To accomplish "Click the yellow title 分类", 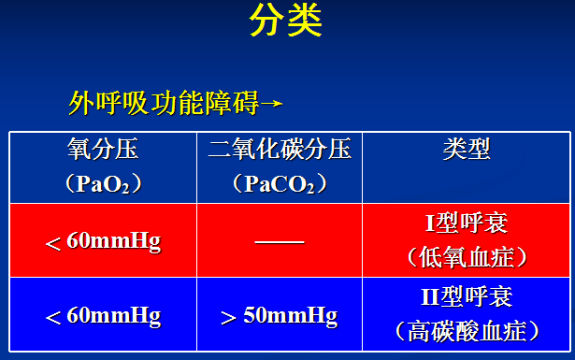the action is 286,21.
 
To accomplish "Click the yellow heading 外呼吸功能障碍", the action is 164,103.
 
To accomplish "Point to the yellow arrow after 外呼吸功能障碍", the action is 271,104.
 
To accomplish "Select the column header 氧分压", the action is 103,150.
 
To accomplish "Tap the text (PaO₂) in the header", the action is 103,183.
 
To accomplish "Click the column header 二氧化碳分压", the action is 280,150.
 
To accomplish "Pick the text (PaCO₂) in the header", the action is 280,183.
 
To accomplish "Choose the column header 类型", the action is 467,150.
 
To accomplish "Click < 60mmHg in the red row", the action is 103,242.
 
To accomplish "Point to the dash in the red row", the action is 280,242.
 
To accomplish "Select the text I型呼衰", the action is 467,223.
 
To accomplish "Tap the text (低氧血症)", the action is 467,257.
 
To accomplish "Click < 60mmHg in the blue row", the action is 103,316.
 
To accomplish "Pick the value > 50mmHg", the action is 280,316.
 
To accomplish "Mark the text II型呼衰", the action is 467,296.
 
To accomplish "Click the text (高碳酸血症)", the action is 467,331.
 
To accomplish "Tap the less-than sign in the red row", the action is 52,244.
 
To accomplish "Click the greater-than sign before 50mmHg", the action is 228,318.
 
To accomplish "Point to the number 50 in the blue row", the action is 254,314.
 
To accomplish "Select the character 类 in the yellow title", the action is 305,21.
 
